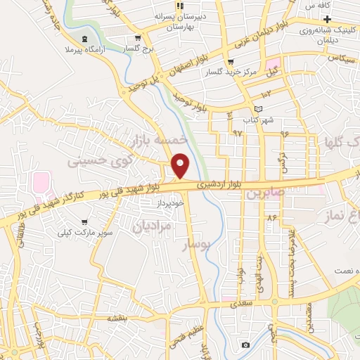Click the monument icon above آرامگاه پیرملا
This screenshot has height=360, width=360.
[x=84, y=39]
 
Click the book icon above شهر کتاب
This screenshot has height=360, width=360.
[x=259, y=109]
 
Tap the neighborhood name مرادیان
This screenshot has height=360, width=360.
[x=151, y=226]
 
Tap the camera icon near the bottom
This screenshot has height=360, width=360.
[x=245, y=345]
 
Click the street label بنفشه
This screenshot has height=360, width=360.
[x=116, y=318]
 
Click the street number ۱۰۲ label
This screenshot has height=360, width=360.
[x=266, y=94]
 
